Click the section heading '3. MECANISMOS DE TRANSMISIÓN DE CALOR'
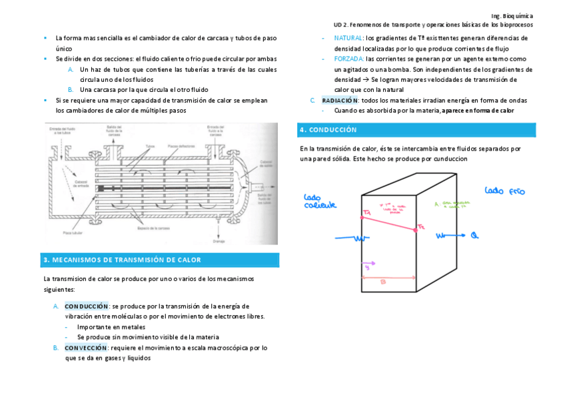[x=121, y=260]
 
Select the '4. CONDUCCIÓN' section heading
[x=328, y=130]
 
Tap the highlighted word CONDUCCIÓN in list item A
[x=86, y=306]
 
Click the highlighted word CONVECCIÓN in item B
[x=86, y=348]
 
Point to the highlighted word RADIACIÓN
[x=340, y=100]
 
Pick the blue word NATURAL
[x=348, y=39]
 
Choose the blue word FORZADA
[x=349, y=59]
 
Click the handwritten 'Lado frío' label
[x=504, y=191]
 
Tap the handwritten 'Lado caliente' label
[x=320, y=202]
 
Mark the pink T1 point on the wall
[x=364, y=213]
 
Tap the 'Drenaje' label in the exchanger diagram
[x=218, y=240]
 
